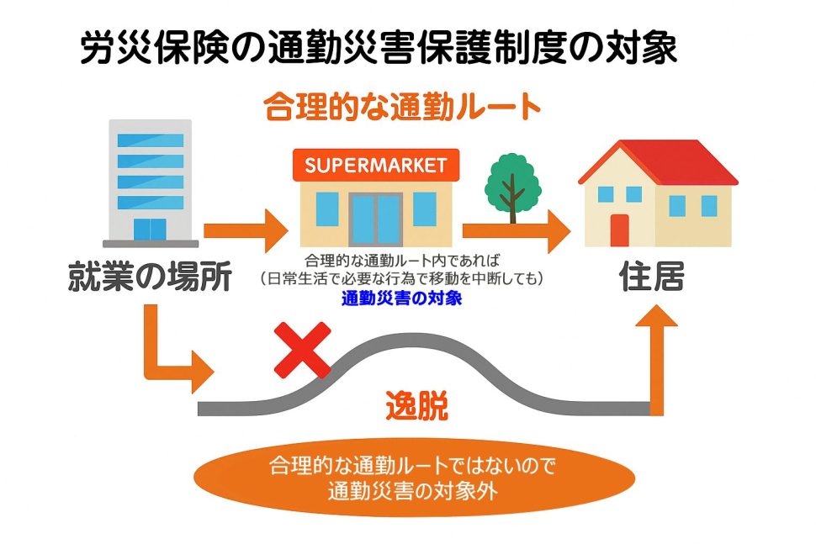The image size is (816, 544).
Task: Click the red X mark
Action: [x=302, y=350]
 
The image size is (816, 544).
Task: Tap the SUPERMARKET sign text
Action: [x=376, y=166]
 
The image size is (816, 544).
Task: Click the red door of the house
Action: [x=620, y=230]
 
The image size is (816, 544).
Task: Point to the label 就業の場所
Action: [x=150, y=277]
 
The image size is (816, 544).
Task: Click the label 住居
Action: [x=652, y=276]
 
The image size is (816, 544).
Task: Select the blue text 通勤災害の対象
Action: [x=402, y=298]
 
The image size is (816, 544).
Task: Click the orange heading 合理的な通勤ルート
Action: [x=402, y=106]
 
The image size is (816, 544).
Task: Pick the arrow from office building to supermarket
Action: [x=246, y=231]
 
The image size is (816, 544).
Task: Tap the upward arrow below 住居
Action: [x=657, y=360]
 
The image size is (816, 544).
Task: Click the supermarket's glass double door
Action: [x=376, y=219]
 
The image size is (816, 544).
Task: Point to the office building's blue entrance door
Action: [x=150, y=230]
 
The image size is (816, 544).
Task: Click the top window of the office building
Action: [x=151, y=140]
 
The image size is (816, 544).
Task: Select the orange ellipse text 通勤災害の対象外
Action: [x=413, y=490]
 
